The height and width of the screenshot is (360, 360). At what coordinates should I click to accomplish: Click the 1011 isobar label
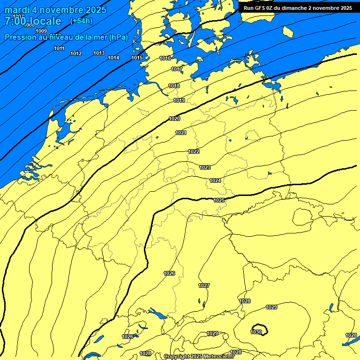pyautogui.click(x=59, y=48)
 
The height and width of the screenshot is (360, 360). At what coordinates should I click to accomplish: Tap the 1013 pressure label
pyautogui.click(x=99, y=53)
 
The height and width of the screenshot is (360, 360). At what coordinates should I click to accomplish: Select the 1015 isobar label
pyautogui.click(x=137, y=58)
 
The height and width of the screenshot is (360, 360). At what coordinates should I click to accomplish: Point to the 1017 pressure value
pyautogui.click(x=177, y=69)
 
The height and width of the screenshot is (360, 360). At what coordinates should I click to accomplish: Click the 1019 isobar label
pyautogui.click(x=179, y=100)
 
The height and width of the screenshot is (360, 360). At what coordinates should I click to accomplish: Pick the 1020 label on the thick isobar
pyautogui.click(x=174, y=119)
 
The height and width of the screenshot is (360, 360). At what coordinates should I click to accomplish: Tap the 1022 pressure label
pyautogui.click(x=194, y=151)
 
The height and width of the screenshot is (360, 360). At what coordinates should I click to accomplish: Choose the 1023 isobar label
pyautogui.click(x=205, y=167)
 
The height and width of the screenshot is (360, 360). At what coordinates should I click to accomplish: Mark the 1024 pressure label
pyautogui.click(x=215, y=180)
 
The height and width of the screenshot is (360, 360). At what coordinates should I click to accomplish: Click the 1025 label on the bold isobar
pyautogui.click(x=219, y=200)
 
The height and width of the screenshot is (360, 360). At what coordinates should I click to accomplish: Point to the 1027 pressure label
pyautogui.click(x=204, y=285)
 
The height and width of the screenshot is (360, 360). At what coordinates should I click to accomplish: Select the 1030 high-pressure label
pyautogui.click(x=256, y=332)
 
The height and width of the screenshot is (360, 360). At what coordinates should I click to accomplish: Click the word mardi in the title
pyautogui.click(x=17, y=10)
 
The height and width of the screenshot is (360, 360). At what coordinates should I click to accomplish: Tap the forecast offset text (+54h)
pyautogui.click(x=82, y=21)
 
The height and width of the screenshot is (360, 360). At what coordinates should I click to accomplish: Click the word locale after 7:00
pyautogui.click(x=45, y=21)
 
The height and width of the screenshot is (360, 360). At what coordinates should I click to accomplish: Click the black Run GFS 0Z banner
pyautogui.click(x=298, y=7)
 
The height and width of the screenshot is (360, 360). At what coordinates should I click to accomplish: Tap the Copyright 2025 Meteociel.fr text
pyautogui.click(x=199, y=356)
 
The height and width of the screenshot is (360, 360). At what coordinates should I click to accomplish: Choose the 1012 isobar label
pyautogui.click(x=76, y=53)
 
